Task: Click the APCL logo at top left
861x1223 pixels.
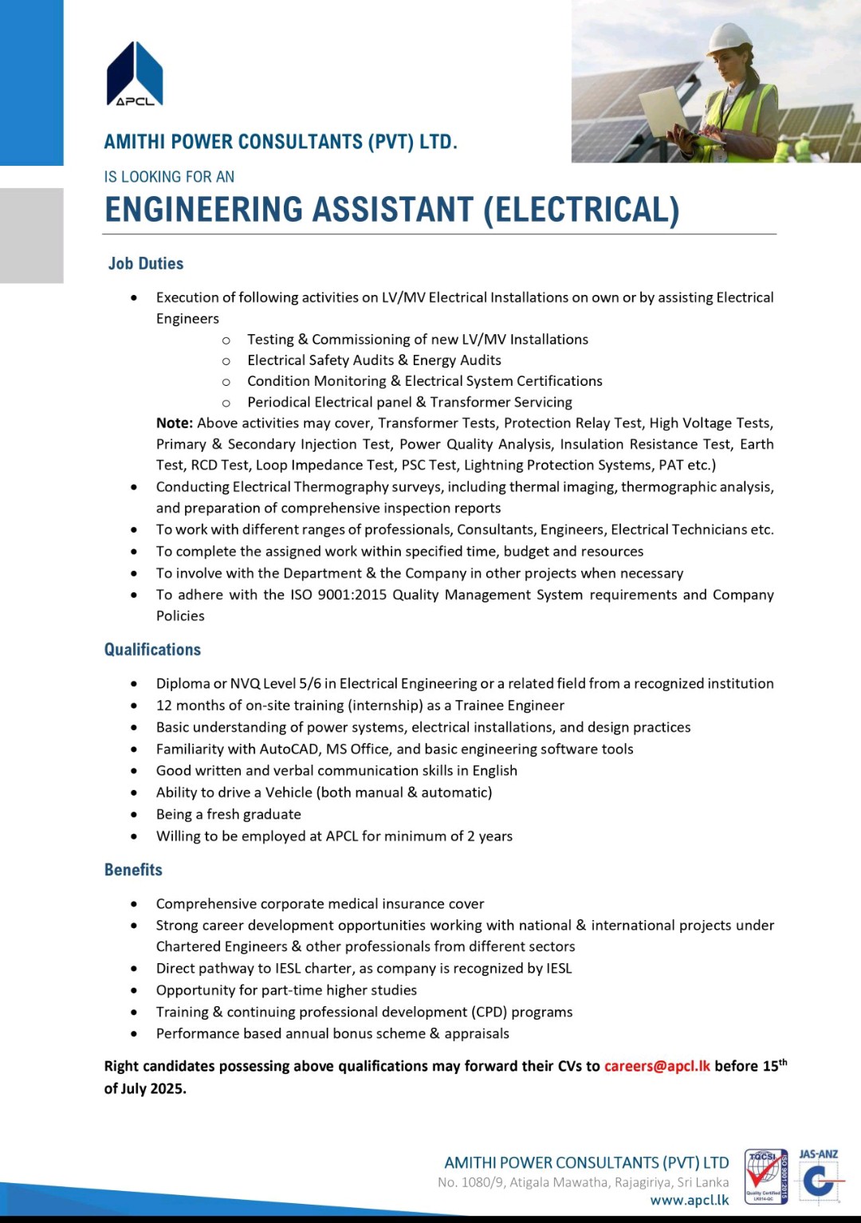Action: point(135,74)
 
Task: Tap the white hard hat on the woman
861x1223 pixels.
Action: point(729,36)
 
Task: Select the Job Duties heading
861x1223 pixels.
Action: point(146,264)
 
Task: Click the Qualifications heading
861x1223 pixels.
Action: point(152,650)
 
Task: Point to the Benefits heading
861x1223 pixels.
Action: point(133,870)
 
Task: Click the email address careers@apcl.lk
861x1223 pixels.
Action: point(657,1067)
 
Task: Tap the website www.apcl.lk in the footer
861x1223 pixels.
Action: point(689,1201)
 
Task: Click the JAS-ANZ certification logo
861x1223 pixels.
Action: point(819,1177)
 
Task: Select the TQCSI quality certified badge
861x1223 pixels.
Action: point(765,1177)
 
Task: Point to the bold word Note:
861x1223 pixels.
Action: point(175,423)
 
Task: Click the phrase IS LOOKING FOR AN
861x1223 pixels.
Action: point(169,177)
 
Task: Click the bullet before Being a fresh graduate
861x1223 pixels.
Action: point(134,815)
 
